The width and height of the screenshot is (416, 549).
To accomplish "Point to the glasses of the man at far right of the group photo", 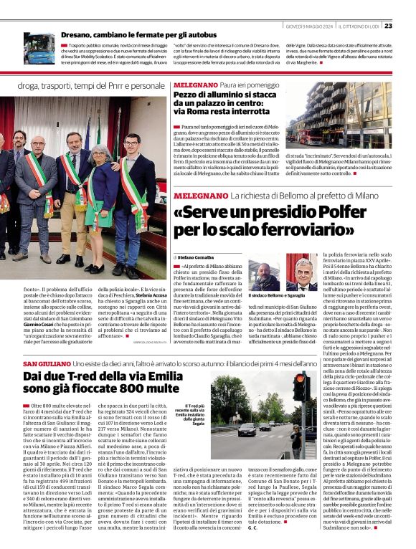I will (131, 141).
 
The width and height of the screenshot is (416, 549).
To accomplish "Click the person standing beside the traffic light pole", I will (296, 438).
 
